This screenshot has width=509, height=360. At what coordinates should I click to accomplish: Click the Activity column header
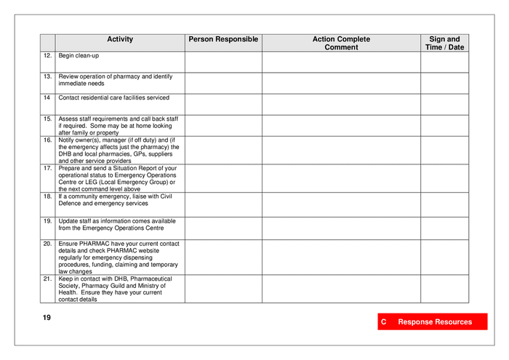click(x=120, y=39)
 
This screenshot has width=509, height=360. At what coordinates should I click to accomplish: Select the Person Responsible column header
click(x=223, y=39)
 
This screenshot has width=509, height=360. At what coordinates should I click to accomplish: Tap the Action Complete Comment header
click(x=341, y=43)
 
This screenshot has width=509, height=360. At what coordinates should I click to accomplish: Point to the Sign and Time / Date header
click(x=444, y=43)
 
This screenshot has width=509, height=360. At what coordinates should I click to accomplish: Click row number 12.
click(x=47, y=55)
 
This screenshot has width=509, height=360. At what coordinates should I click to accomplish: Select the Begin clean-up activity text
click(x=79, y=55)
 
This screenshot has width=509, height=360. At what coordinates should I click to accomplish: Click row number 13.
click(x=47, y=76)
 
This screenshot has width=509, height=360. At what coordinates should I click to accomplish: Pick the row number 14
click(x=47, y=97)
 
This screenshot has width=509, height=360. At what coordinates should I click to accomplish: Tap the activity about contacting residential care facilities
click(x=113, y=97)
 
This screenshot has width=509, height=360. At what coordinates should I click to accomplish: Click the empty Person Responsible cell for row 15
click(x=223, y=125)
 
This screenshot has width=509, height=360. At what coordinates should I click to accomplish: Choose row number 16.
click(x=47, y=140)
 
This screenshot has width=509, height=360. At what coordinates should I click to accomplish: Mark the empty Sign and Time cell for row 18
click(x=444, y=204)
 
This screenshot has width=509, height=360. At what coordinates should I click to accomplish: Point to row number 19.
click(x=47, y=221)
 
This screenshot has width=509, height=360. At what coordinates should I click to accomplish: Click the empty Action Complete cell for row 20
click(x=341, y=257)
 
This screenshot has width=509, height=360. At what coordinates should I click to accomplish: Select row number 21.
click(x=47, y=279)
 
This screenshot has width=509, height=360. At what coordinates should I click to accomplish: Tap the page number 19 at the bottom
click(x=47, y=318)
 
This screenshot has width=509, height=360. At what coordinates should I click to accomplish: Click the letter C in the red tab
click(x=383, y=321)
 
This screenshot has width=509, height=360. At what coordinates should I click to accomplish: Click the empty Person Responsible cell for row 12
click(x=223, y=62)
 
